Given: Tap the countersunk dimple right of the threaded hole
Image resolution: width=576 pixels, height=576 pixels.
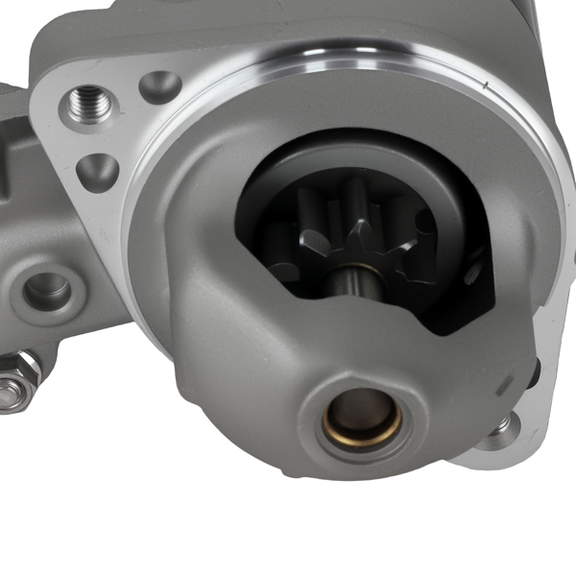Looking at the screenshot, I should [x=159, y=87].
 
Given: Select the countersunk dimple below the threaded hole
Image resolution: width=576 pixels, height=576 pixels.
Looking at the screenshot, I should [x=97, y=173].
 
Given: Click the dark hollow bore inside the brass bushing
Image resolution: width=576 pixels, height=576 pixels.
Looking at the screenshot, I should [x=361, y=411].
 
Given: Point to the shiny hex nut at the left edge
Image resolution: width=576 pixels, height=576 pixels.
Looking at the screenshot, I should [x=13, y=384].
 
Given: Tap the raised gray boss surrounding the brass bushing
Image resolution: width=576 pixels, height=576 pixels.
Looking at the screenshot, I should [x=317, y=422].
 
